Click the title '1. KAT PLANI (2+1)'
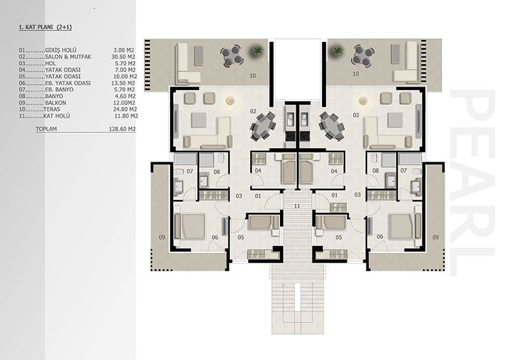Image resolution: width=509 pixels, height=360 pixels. coord(45,27)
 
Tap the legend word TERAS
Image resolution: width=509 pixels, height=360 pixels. coord(52,109)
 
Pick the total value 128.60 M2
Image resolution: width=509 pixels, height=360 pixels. coord(122,129)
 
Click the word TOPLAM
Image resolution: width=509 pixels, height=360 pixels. coord(46,129)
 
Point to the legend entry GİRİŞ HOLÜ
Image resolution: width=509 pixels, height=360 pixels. coord(60,50)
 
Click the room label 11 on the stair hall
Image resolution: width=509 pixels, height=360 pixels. coord(297,206)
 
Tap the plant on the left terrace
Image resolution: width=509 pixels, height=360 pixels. coord(256,50)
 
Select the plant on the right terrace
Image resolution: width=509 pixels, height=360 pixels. coord(338,50)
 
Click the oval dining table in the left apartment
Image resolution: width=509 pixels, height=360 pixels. coord(263,127)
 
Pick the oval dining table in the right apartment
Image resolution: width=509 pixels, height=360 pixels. coord(331,127)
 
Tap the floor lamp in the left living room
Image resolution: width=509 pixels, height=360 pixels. coord(231,101)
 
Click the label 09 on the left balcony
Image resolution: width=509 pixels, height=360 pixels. coord(162,237)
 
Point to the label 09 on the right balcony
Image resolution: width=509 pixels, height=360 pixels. coord(435,237)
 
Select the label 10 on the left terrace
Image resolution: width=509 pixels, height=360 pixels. coord(253,76)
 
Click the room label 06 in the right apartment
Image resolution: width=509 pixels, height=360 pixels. coord(380,237)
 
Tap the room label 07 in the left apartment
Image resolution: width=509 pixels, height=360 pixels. coord(190,171)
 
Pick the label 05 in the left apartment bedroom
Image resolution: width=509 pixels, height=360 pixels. coord(241,237)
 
